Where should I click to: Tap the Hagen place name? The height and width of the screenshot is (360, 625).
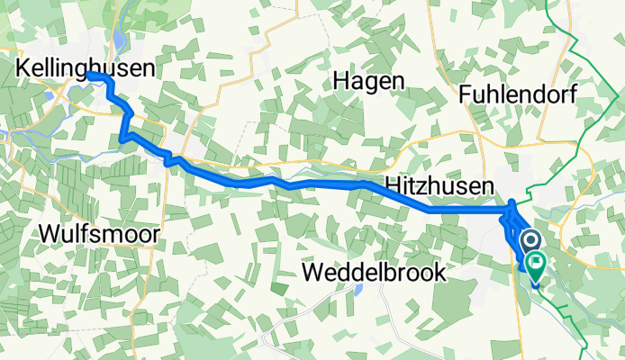click(x=368, y=80)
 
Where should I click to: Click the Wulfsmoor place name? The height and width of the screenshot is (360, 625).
click(x=100, y=235)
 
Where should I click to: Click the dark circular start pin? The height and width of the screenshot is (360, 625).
click(x=530, y=240)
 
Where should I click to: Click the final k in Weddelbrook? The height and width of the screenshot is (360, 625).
click(x=439, y=273)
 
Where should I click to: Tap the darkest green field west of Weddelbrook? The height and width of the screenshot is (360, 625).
click(x=278, y=288)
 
